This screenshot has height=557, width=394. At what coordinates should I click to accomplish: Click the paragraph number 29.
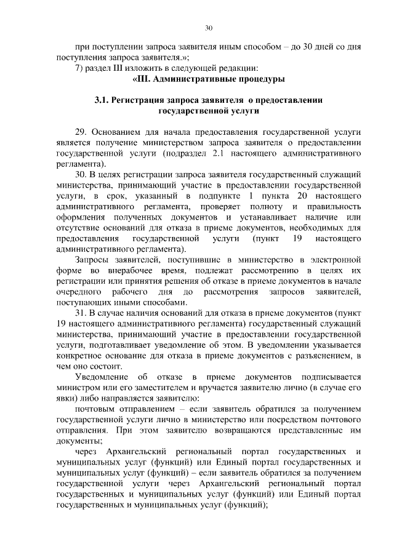[x=82, y=132]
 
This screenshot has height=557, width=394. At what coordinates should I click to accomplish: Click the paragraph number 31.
[x=81, y=313]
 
